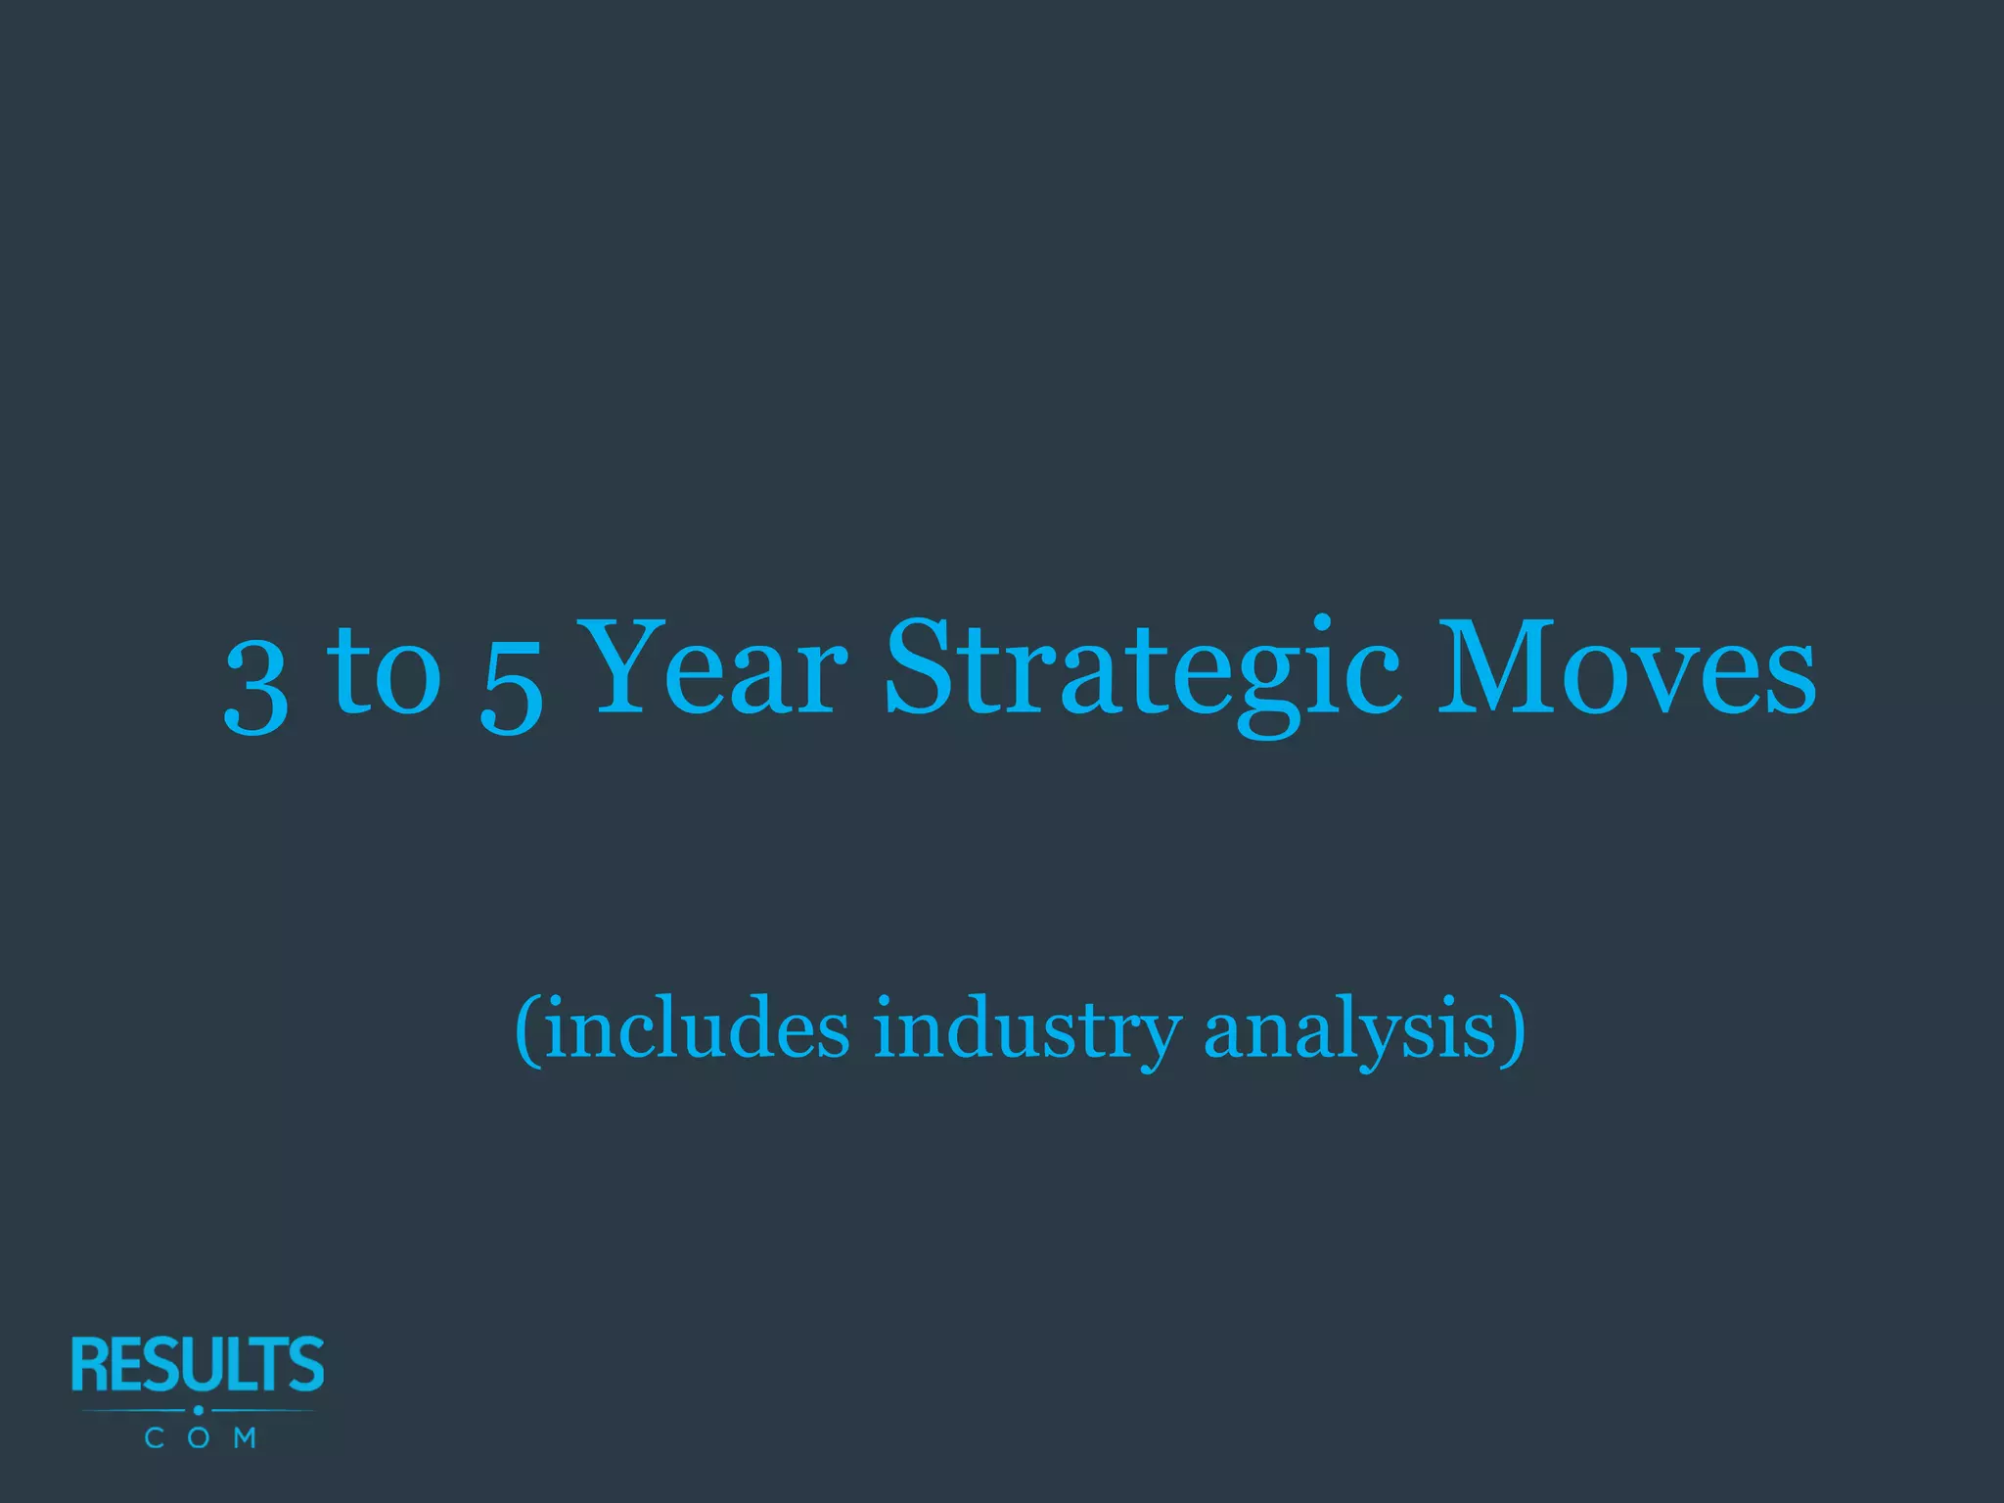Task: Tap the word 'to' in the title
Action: (385, 670)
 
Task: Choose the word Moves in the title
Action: (1625, 667)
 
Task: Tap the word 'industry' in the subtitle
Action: (1027, 1030)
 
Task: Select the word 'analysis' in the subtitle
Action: (1350, 1030)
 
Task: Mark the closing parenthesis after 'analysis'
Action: (1515, 1030)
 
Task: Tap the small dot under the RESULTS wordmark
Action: (199, 1410)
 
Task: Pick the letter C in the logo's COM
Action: (154, 1437)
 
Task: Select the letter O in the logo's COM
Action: (199, 1437)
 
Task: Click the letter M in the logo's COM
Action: (245, 1437)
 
